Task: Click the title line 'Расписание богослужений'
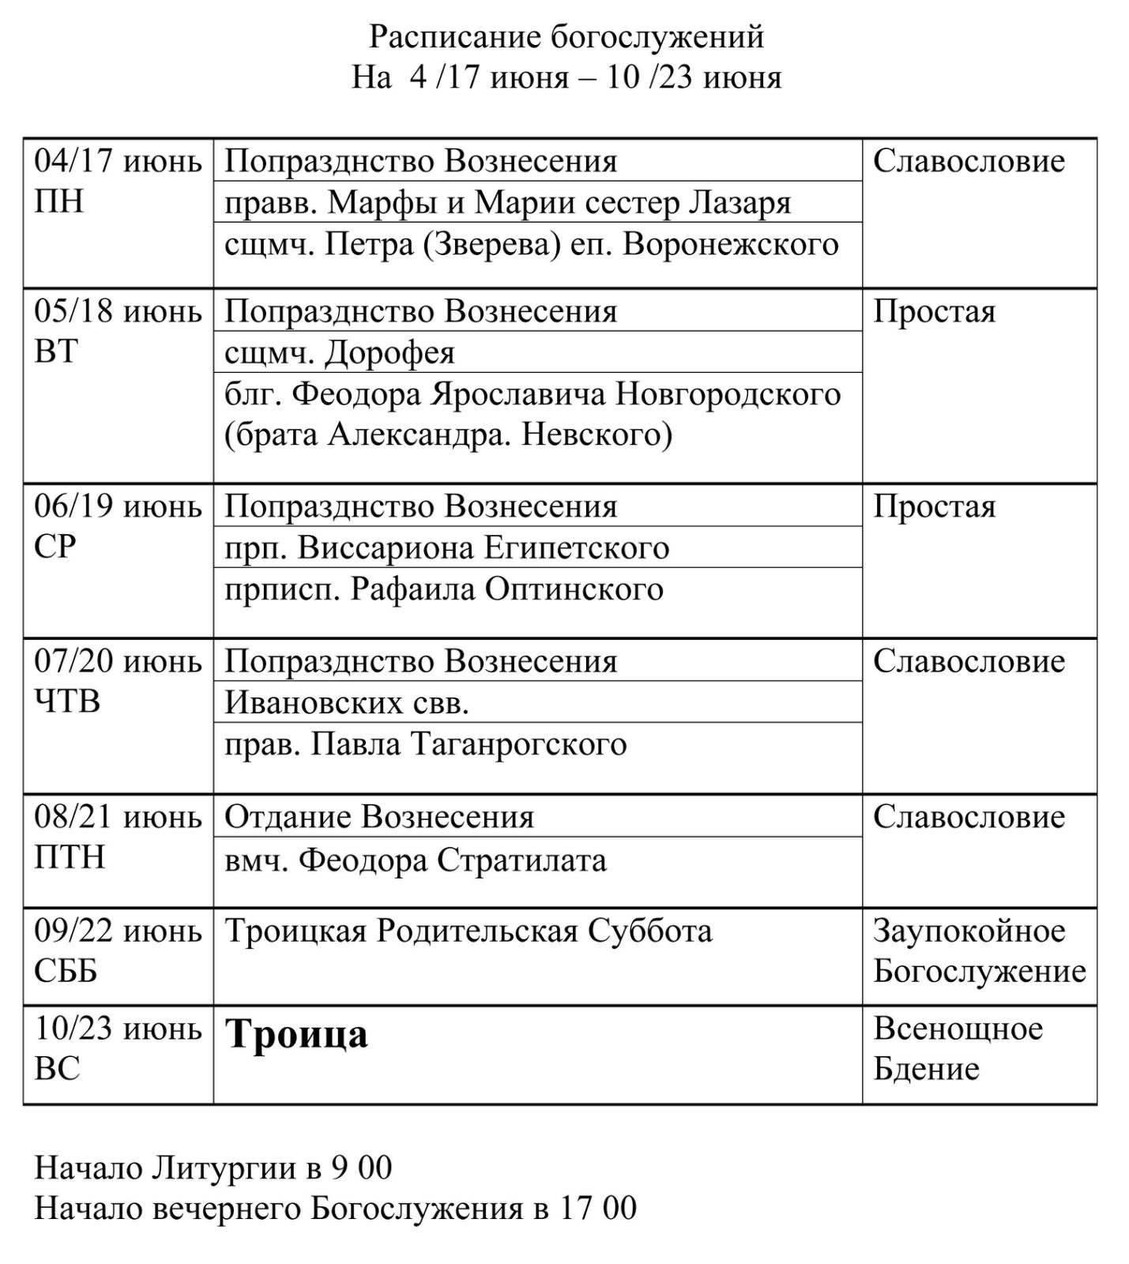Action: [x=566, y=36]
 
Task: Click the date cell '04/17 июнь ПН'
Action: [x=117, y=181]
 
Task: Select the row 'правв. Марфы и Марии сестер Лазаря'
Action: [x=507, y=203]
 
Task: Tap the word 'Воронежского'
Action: [x=730, y=244]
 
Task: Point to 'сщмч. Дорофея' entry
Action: [x=340, y=352]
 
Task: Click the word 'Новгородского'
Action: [x=727, y=393]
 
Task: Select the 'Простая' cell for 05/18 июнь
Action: [x=934, y=312]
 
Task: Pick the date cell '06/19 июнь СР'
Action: [x=117, y=526]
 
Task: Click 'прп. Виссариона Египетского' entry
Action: [x=446, y=547]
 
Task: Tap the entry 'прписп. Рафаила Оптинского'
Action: [x=443, y=589]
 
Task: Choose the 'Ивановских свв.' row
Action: [x=347, y=702]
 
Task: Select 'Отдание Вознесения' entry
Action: [x=379, y=817]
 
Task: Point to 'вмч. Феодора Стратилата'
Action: [x=416, y=860]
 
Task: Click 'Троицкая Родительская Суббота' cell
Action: [x=469, y=931]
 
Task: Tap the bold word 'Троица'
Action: [x=297, y=1034]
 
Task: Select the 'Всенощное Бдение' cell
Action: [x=958, y=1048]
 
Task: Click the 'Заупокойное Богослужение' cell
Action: [x=979, y=951]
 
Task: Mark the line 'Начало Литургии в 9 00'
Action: [x=213, y=1168]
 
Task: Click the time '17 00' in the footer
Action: [x=598, y=1208]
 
